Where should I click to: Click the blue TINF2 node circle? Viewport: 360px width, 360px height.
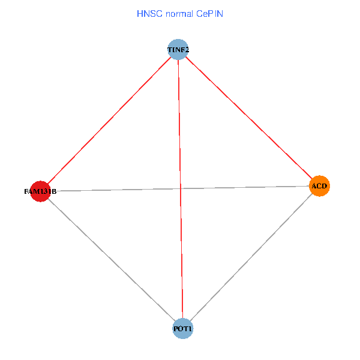(178, 49)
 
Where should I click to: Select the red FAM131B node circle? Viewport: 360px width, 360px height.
(40, 191)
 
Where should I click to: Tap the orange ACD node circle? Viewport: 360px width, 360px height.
(319, 186)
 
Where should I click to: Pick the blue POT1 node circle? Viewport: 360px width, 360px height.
(183, 329)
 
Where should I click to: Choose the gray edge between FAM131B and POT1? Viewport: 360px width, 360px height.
(112, 260)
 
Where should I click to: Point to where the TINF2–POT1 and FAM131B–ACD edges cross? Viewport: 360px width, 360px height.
(180, 188)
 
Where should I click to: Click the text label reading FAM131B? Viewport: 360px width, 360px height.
(40, 191)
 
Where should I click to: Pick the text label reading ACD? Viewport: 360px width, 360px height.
(319, 186)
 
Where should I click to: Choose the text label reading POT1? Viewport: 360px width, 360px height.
(183, 329)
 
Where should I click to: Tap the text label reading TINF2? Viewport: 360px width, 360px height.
(178, 49)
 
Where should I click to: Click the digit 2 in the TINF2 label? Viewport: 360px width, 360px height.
(187, 49)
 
